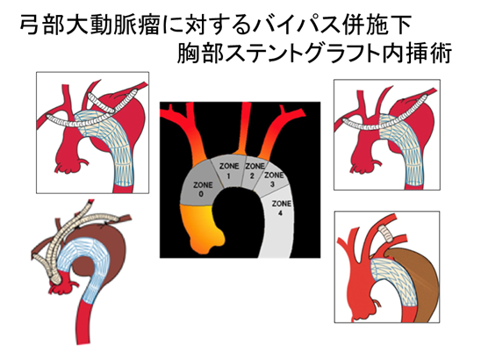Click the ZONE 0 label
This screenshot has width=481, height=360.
tap(202, 190)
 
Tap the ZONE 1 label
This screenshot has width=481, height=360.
tap(229, 170)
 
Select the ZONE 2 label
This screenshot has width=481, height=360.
tap(255, 170)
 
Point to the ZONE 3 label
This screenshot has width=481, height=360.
tap(274, 179)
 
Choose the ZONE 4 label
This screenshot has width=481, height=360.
tap(281, 208)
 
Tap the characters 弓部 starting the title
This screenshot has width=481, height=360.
tap(43, 25)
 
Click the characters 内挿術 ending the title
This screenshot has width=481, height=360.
tap(417, 54)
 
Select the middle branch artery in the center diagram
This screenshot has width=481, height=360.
tap(244, 129)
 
